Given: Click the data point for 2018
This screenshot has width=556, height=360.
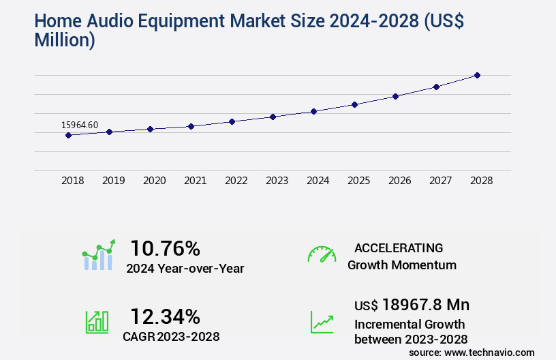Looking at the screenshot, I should (68, 135).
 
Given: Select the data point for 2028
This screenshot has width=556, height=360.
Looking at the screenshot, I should (477, 75).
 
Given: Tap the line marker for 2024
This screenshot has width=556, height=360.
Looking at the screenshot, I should (313, 111).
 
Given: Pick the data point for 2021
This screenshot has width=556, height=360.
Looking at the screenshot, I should (191, 126).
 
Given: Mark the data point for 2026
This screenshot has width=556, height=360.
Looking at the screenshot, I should (395, 96).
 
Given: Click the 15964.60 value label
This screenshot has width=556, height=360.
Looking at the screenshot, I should (80, 125).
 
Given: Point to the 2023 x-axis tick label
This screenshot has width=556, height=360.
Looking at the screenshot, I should (277, 181).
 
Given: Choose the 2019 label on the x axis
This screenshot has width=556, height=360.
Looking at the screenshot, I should (113, 181).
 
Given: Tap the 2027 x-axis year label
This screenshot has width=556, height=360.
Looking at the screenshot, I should (440, 181).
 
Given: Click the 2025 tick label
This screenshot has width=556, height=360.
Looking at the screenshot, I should (358, 181).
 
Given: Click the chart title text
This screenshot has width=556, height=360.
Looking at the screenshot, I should (232, 31).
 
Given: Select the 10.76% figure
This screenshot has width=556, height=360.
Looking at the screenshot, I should (165, 248).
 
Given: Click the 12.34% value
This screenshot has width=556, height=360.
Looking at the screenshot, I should (165, 317).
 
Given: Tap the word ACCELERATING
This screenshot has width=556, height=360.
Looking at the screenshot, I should (399, 248).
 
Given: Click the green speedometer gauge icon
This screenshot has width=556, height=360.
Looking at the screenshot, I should (322, 254).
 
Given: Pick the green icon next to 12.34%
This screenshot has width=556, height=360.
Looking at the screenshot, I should (97, 322).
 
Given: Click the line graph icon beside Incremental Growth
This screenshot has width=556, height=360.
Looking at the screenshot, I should (322, 322).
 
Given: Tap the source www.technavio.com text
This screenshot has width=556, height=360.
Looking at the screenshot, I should (472, 352).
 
